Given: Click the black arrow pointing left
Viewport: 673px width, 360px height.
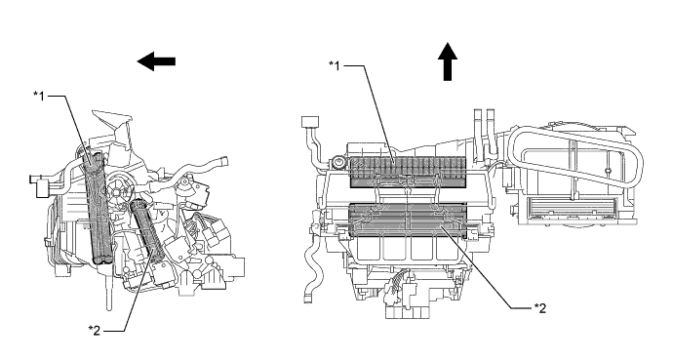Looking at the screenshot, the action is point(156,61).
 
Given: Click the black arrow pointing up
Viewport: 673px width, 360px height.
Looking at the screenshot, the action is point(448,61).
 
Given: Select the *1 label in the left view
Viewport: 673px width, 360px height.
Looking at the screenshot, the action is point(39,97).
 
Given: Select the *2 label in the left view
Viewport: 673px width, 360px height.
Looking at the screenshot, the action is point(95,331).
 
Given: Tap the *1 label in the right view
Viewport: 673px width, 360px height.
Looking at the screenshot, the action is point(335,65).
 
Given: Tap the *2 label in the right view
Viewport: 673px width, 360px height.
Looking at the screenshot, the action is point(540,308).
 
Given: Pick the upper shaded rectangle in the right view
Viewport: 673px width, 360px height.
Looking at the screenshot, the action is point(408,172).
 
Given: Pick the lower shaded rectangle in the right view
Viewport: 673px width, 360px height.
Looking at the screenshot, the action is point(408,220).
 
